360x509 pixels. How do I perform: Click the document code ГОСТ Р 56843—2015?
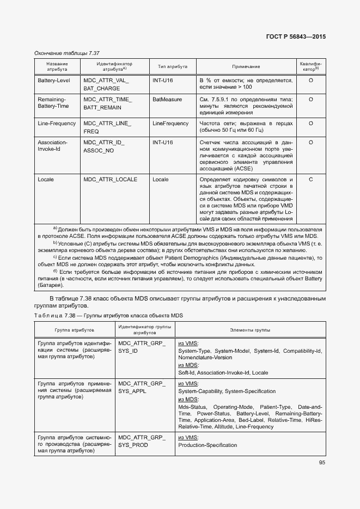point(296,36)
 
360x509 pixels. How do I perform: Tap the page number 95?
point(322,463)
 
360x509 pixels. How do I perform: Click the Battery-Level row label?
point(53,81)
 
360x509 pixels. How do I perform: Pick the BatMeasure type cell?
point(167,100)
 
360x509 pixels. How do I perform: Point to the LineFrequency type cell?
point(170,124)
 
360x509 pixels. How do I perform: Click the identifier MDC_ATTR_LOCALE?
point(110,179)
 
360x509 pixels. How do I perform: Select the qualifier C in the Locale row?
point(310,179)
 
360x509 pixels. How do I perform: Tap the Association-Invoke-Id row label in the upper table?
point(52,146)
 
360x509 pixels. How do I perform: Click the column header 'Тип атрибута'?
point(173,66)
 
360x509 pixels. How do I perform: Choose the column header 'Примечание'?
point(246,66)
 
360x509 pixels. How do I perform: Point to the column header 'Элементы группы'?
point(250,330)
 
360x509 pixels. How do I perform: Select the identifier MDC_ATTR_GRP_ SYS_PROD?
point(141,441)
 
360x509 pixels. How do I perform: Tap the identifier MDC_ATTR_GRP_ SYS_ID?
point(141,347)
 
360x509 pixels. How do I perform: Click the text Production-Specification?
point(208,445)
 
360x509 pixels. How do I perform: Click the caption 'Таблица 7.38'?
point(54,316)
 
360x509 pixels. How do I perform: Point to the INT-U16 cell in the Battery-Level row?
point(163,81)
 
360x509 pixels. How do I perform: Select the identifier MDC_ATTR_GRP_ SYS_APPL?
point(141,387)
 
